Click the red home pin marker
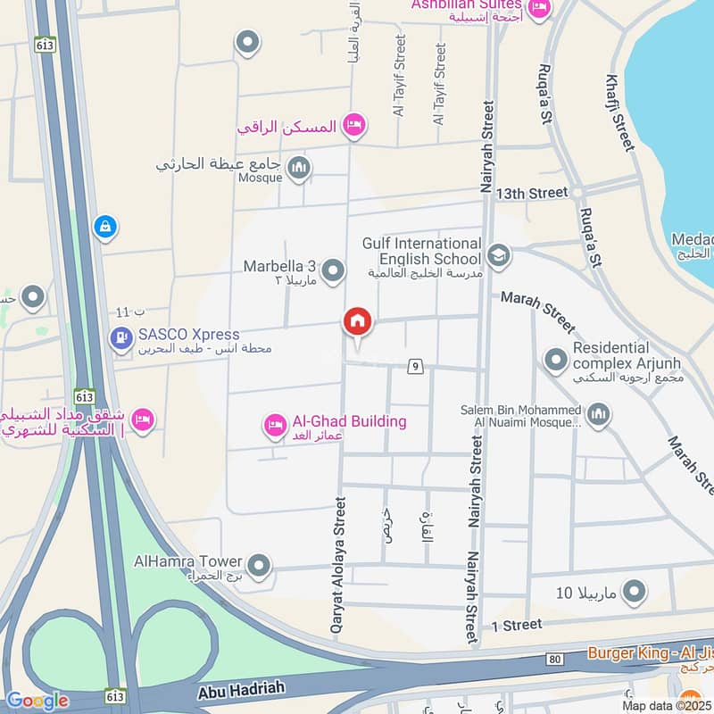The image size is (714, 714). [358, 321]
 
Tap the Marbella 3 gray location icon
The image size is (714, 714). [333, 269]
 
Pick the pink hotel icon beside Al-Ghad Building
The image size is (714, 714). [276, 423]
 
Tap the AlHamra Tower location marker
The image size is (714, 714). [259, 565]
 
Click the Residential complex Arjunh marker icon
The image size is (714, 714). [556, 360]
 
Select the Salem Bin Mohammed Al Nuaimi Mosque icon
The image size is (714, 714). [598, 413]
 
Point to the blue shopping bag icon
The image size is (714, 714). [105, 228]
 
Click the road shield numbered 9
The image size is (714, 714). [413, 366]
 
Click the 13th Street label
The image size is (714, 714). [532, 193]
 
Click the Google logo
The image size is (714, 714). [37, 701]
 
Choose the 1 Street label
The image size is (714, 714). [516, 626]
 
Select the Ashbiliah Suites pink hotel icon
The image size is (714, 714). [539, 8]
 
